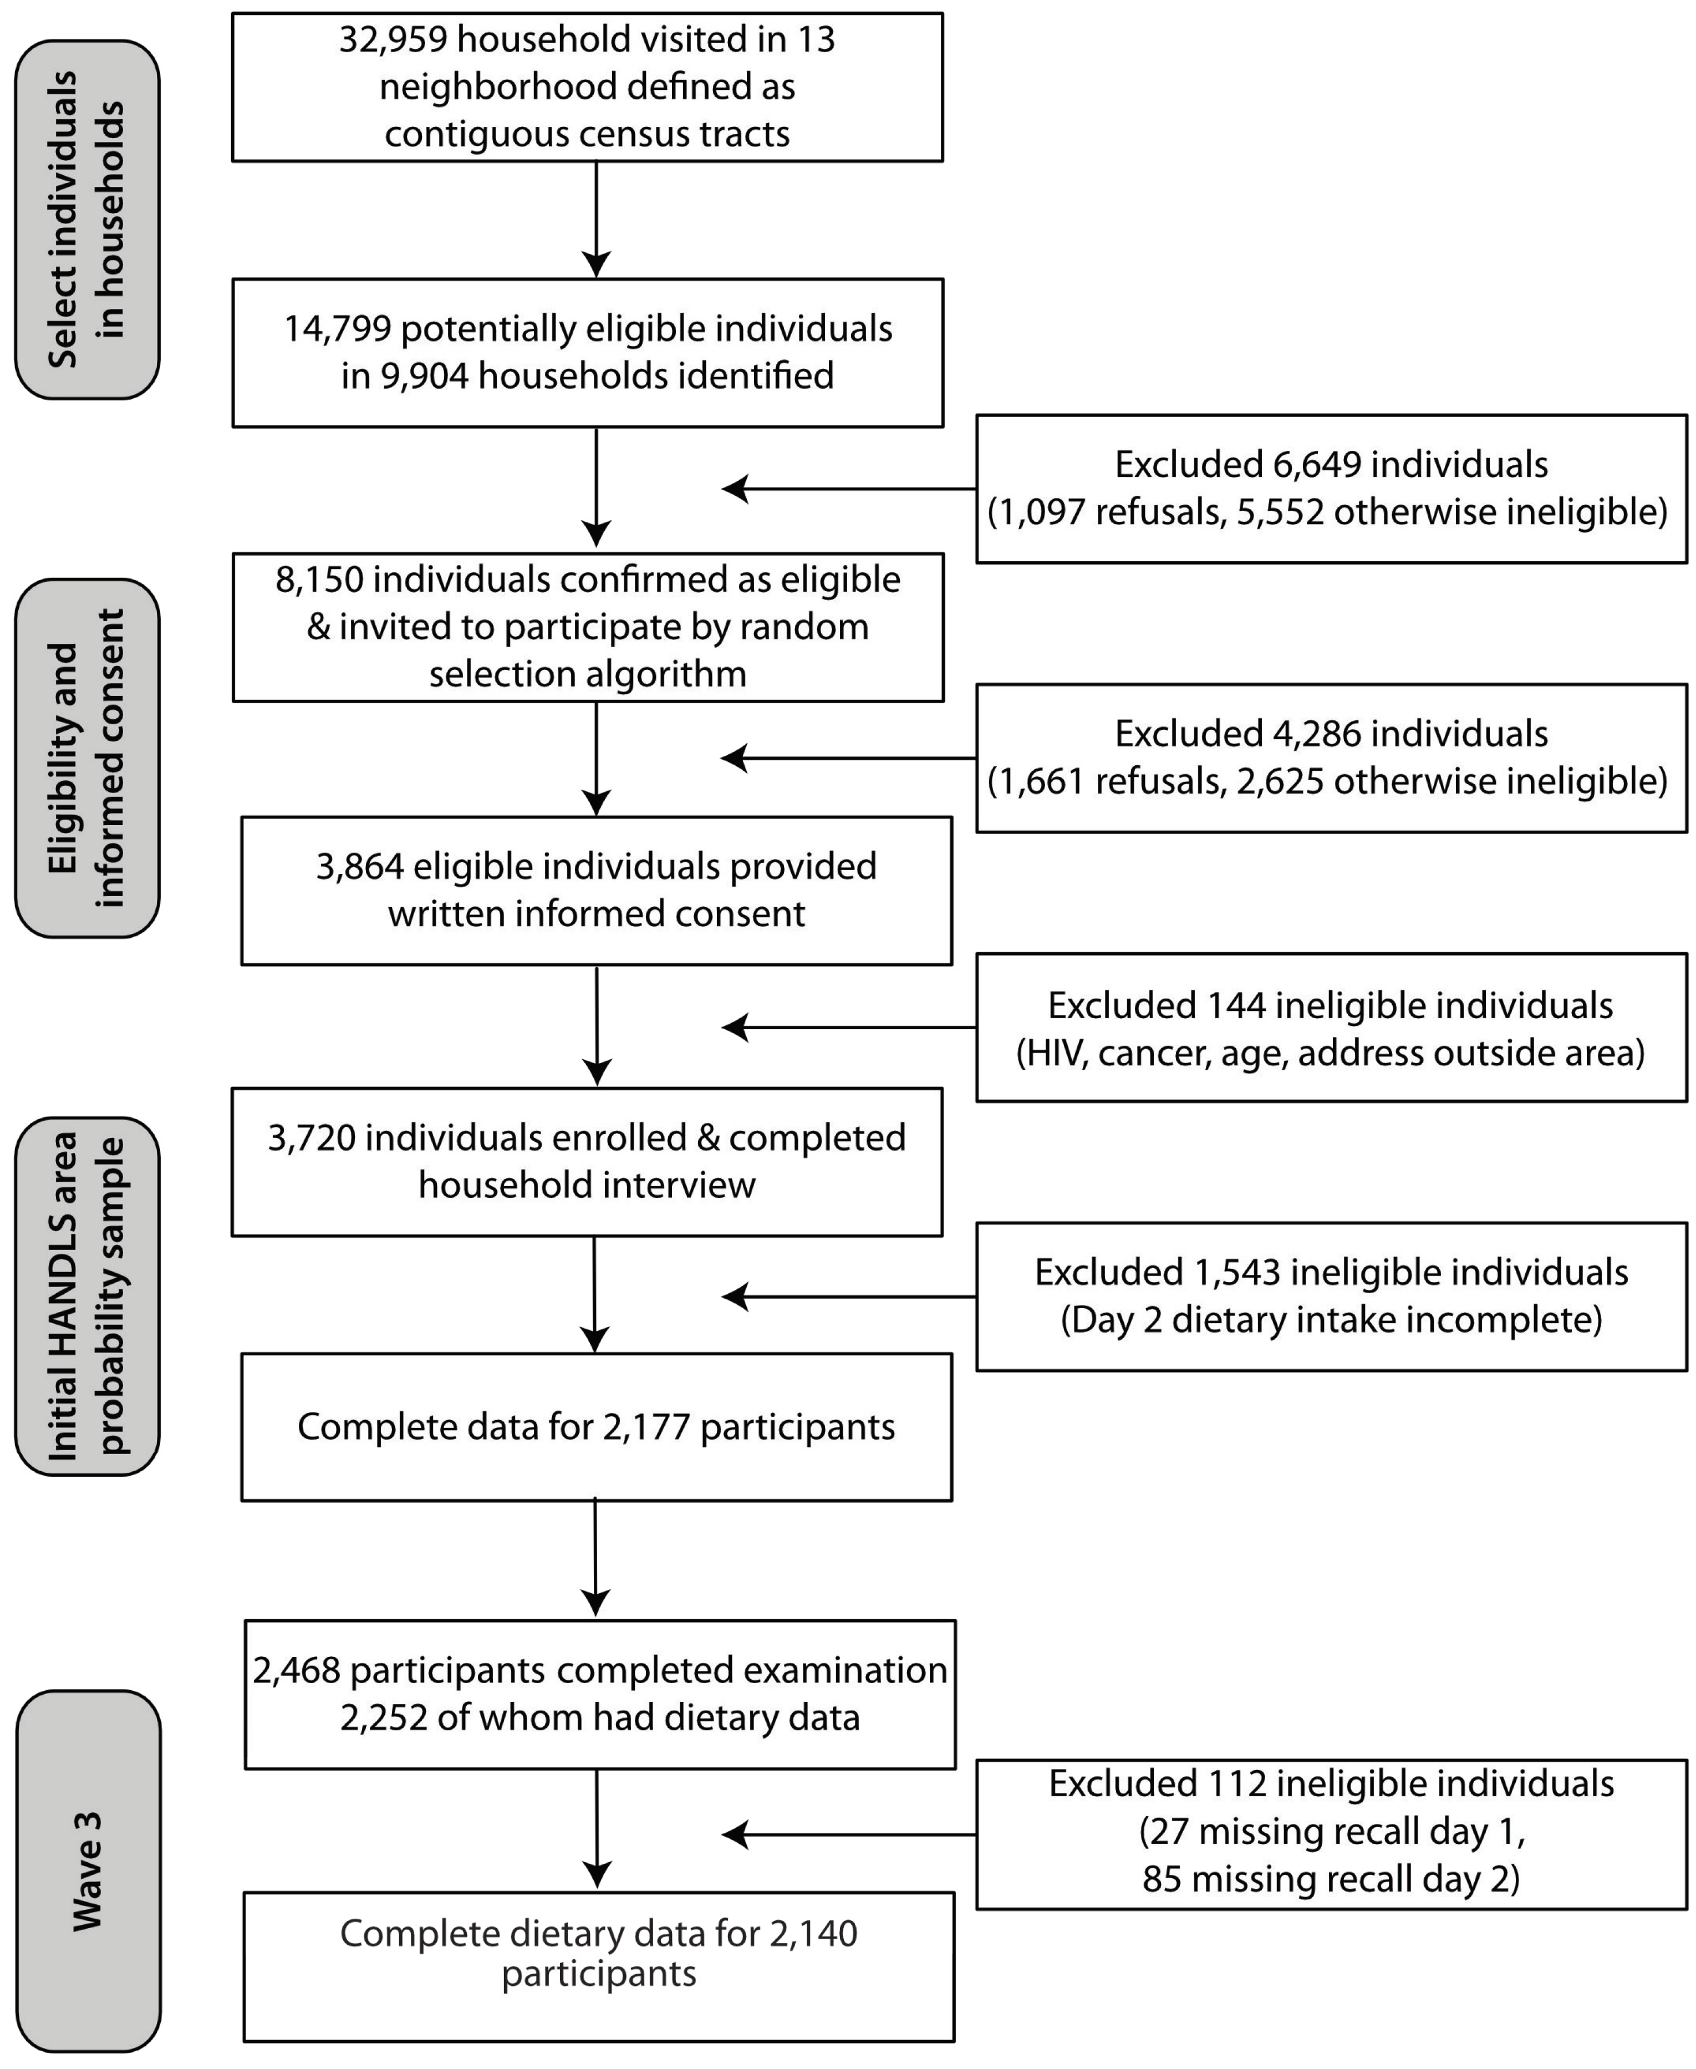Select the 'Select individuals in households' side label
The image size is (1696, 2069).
click(87, 220)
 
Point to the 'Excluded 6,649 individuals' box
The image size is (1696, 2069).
click(1331, 489)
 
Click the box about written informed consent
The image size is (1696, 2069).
click(596, 891)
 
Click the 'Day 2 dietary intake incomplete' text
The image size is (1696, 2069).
click(1331, 1320)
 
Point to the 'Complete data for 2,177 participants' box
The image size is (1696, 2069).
click(596, 1427)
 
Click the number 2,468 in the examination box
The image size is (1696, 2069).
click(296, 1670)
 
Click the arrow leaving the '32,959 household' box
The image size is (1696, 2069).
click(596, 220)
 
